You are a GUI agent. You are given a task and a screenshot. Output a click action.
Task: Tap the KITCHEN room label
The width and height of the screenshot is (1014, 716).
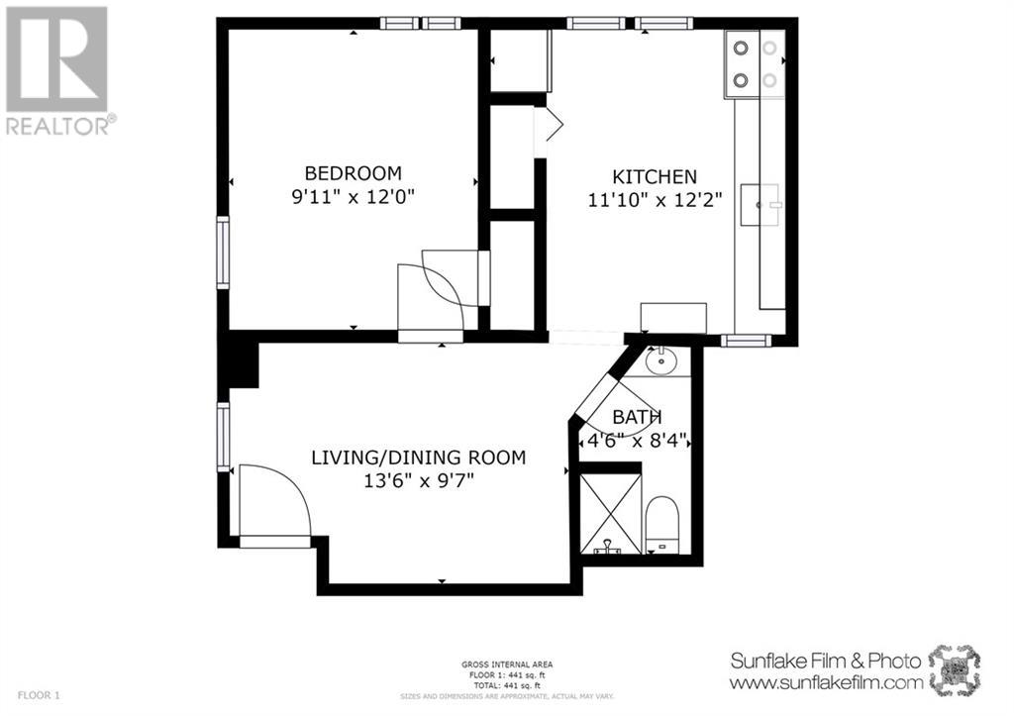(x=655, y=176)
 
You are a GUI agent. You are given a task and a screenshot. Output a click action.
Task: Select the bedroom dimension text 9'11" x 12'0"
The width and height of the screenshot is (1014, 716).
(x=352, y=196)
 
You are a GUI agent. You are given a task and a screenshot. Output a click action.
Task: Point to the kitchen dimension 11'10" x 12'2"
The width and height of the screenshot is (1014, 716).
(x=655, y=199)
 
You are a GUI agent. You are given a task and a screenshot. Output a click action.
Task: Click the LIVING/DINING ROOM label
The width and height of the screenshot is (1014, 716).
(x=418, y=458)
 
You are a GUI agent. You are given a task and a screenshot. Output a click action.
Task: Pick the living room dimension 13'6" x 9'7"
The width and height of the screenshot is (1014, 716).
(x=418, y=482)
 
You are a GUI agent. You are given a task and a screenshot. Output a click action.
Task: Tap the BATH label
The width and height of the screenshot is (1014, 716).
(x=637, y=417)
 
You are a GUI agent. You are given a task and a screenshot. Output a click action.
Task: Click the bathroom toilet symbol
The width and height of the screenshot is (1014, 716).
(x=660, y=525)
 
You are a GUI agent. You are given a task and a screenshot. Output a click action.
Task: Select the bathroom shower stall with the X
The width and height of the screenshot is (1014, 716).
(x=607, y=513)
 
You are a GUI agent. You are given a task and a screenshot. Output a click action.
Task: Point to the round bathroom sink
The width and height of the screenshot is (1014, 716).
(x=660, y=361)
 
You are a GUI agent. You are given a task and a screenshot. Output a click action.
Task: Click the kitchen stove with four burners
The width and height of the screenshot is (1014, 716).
(x=754, y=65)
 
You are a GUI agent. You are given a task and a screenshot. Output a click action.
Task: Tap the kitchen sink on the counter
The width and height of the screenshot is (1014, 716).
(x=763, y=204)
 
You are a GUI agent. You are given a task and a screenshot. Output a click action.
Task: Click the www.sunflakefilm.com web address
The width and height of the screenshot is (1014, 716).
(x=826, y=682)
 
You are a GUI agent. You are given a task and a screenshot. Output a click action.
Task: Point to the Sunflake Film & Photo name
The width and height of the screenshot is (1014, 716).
(x=825, y=661)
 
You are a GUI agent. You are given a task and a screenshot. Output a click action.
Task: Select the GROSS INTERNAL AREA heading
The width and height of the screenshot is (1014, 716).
(x=506, y=665)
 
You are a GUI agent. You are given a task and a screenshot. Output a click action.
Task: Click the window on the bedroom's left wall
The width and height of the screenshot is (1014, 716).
(x=223, y=253)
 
